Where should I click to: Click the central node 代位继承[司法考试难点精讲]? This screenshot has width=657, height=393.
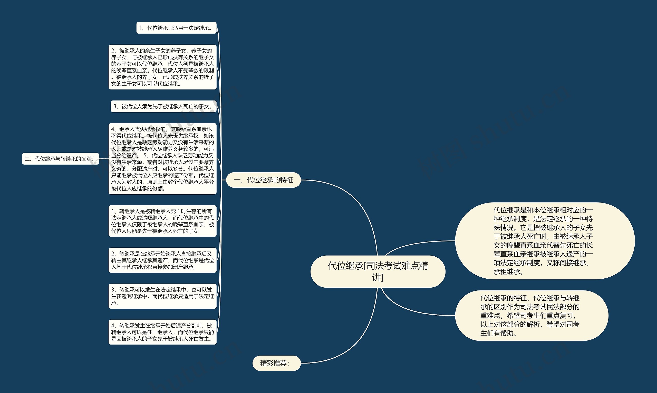[378, 271]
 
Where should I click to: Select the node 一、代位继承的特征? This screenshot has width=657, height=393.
[263, 180]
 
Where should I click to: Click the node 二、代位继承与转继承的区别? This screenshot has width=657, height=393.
[60, 159]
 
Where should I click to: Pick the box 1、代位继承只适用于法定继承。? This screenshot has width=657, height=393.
[176, 28]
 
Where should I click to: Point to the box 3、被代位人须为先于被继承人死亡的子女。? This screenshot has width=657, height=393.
[163, 106]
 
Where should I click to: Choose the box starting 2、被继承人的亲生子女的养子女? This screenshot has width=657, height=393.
[162, 67]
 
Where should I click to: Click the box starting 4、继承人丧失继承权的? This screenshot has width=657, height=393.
[162, 159]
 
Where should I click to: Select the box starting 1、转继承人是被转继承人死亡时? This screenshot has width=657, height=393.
[162, 221]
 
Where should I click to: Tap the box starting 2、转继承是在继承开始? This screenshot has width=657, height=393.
[162, 260]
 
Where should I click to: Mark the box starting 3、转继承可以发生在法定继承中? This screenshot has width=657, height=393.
[162, 296]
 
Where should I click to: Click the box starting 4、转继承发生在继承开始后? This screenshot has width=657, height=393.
[162, 332]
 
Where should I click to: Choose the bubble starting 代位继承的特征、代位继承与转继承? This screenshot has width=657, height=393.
[532, 315]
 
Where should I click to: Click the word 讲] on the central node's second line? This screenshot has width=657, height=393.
[378, 278]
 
